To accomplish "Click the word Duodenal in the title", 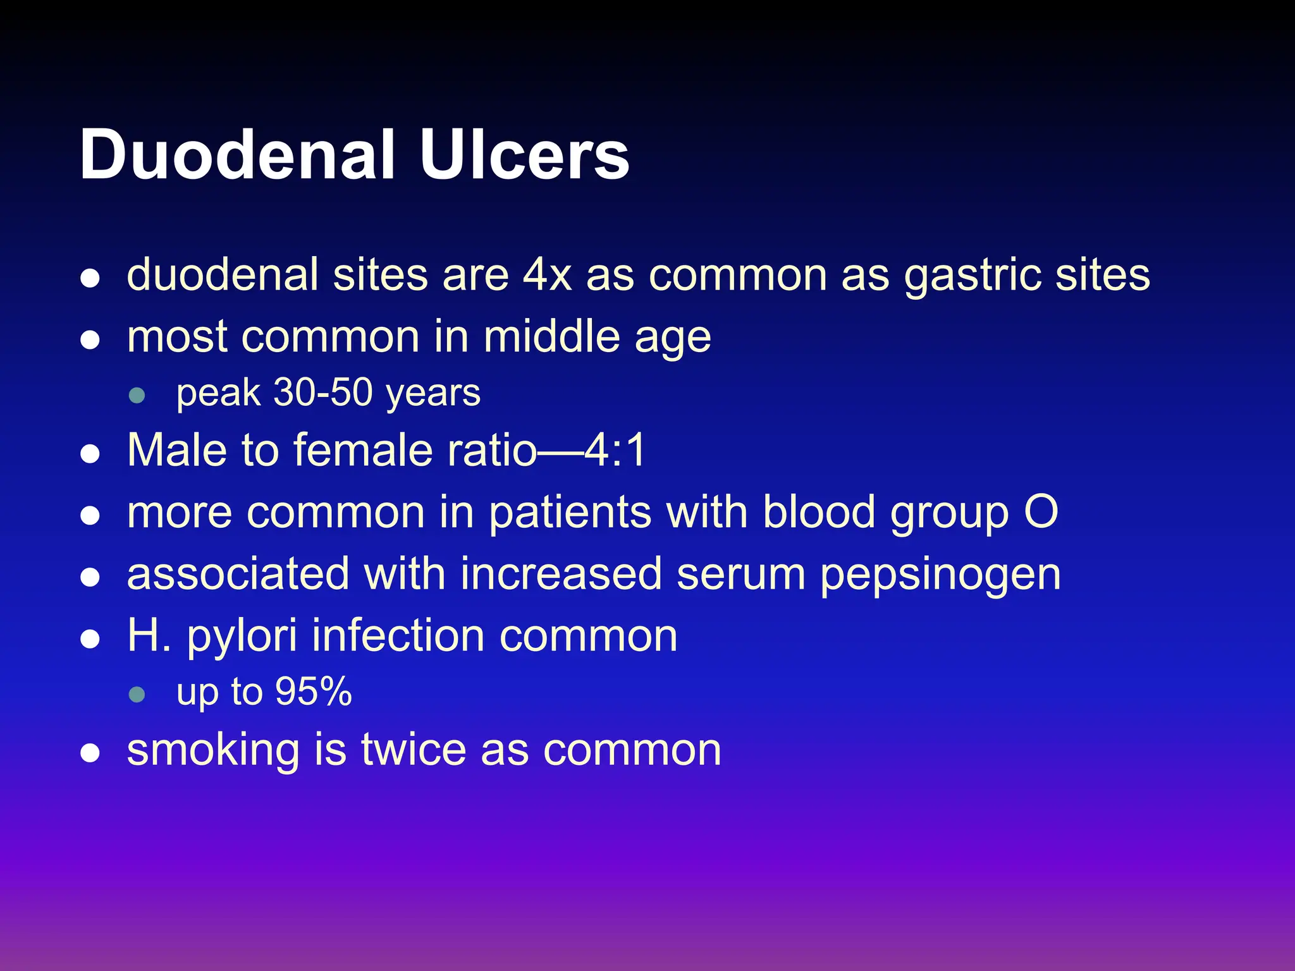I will pos(236,155).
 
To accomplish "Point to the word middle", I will pos(551,336).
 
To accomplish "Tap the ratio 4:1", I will pos(615,450).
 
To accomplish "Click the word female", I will pos(363,450).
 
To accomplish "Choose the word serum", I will pos(740,574).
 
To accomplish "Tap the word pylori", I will pos(242,637).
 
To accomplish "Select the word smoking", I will pos(213,751).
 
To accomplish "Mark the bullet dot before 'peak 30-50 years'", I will pos(137,396).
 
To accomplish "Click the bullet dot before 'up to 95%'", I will pos(137,695).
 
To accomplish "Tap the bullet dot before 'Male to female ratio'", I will pos(90,454).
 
